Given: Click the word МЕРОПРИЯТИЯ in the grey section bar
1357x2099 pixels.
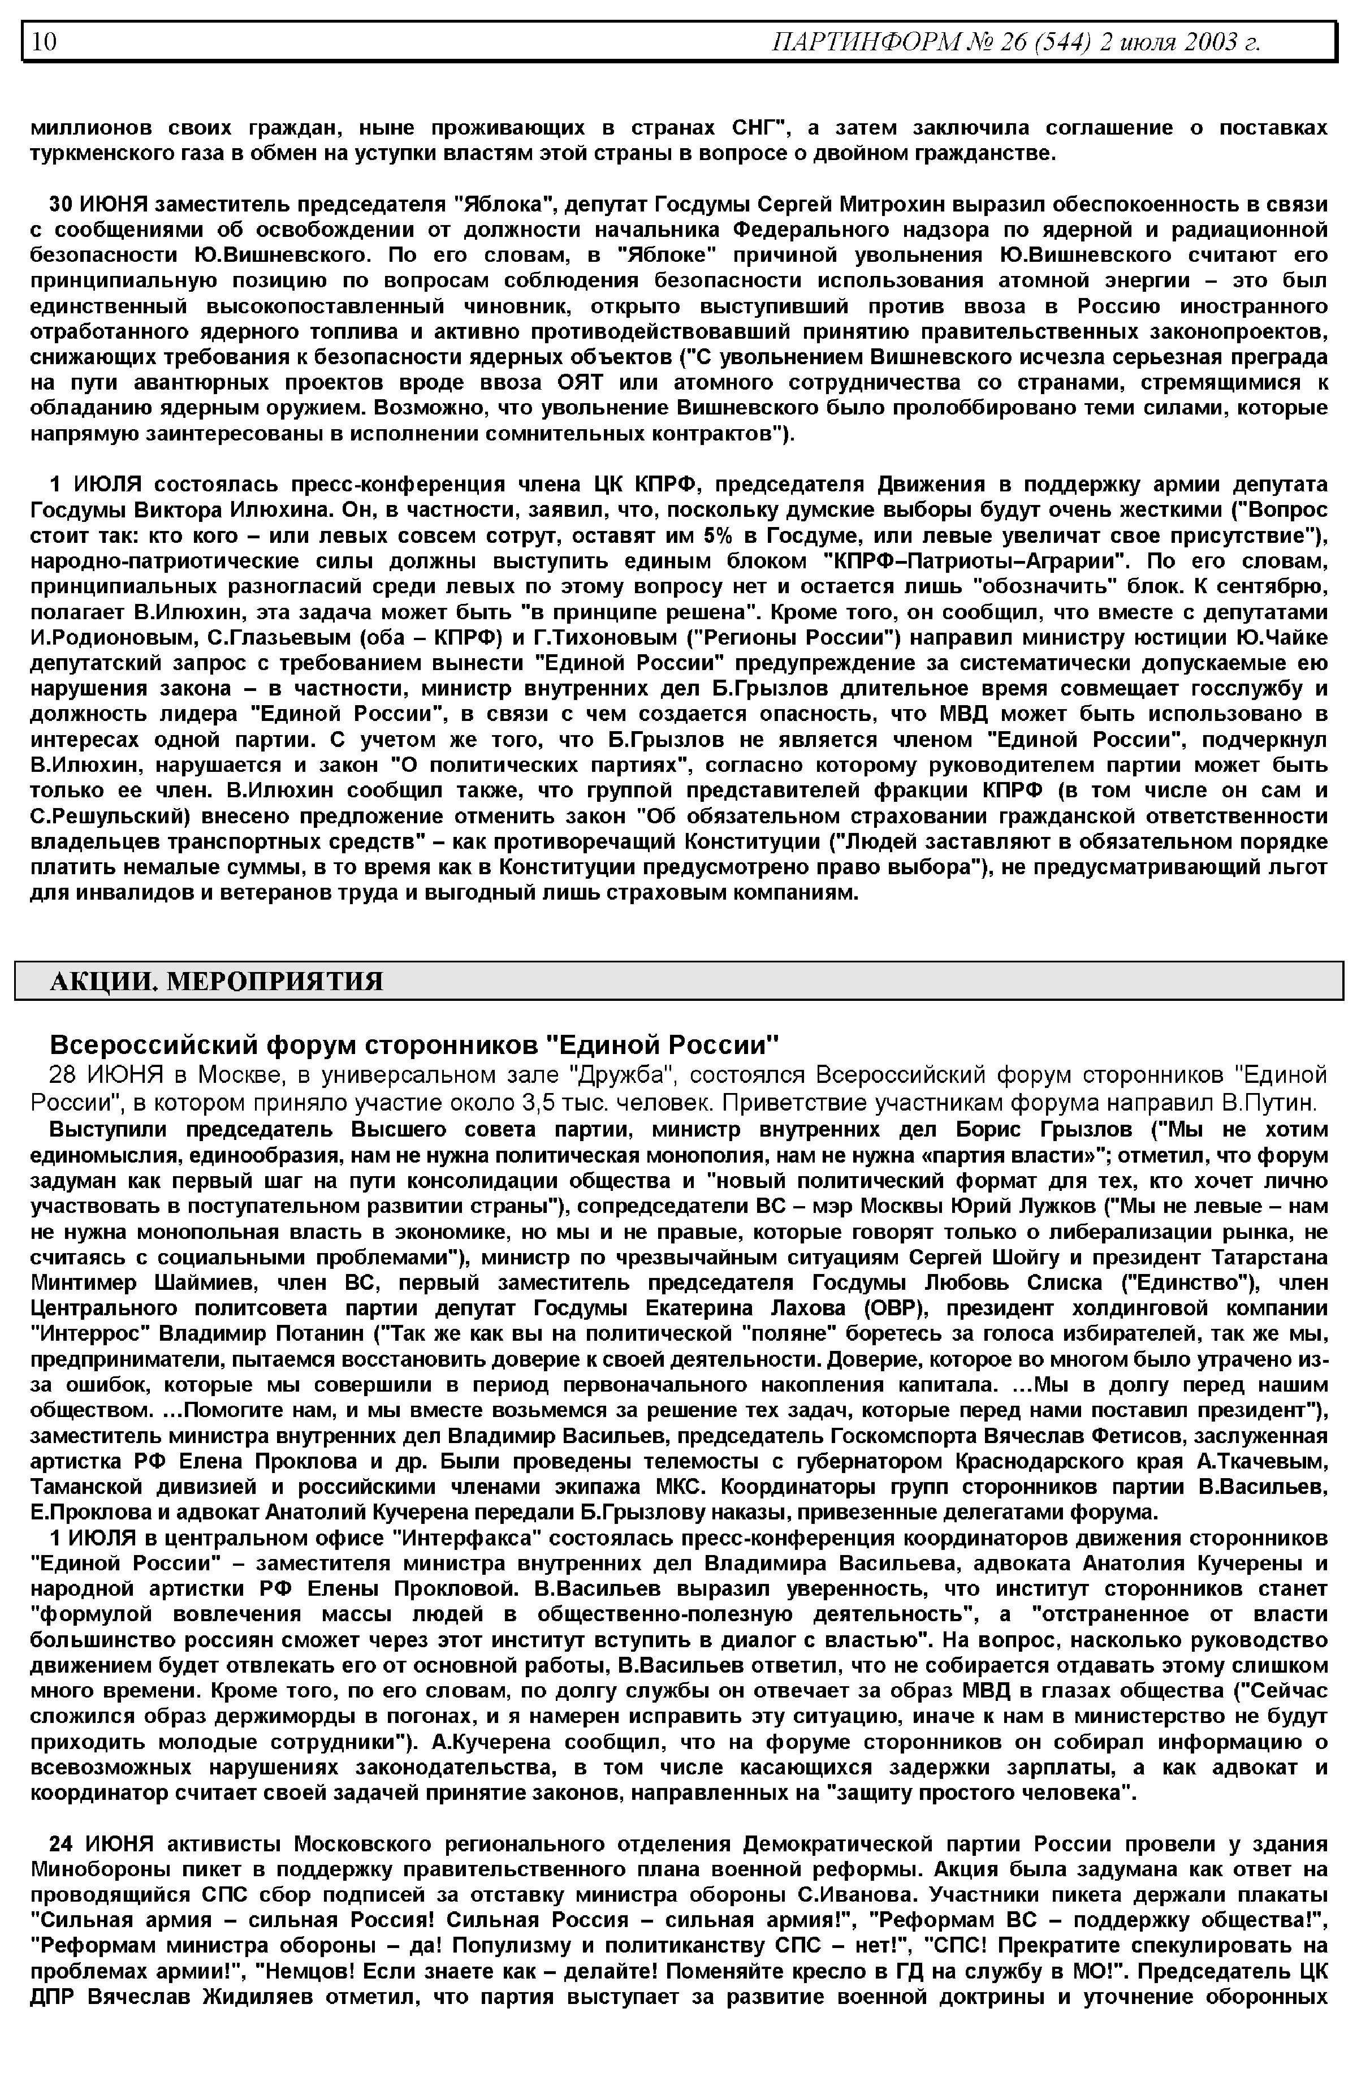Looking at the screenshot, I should pos(275,981).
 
